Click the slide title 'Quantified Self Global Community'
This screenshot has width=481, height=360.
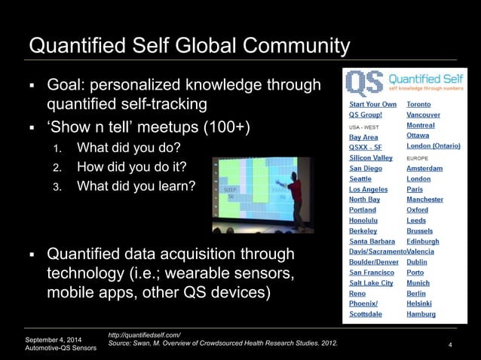tap(189, 47)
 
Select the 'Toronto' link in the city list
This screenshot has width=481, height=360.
tap(420, 104)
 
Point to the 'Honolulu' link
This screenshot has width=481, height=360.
tap(366, 220)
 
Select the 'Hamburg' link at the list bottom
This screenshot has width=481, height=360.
tap(421, 313)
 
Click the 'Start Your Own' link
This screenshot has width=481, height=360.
tap(372, 104)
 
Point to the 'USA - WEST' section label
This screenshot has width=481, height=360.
tap(363, 127)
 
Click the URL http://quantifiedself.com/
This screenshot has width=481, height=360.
tap(145, 334)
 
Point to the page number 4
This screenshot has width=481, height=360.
tap(449, 346)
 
